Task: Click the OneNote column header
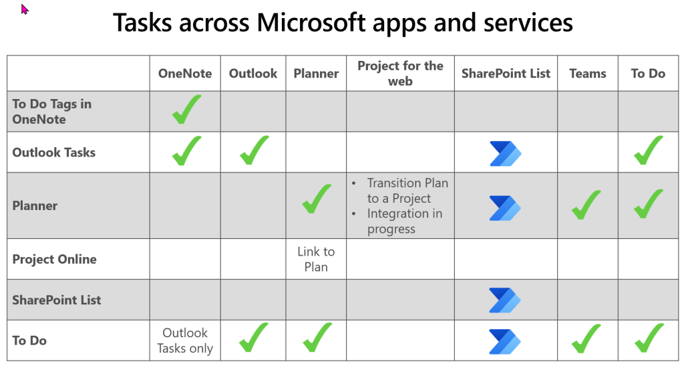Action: (x=185, y=74)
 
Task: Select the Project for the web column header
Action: (x=400, y=74)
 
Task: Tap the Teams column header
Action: (x=588, y=74)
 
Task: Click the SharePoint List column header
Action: (x=506, y=74)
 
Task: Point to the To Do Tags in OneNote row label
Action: (x=52, y=112)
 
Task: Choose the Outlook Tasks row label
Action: (x=54, y=153)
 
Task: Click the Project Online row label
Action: (x=55, y=260)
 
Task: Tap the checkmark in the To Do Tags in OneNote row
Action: (x=186, y=110)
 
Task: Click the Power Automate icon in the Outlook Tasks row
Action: (x=505, y=153)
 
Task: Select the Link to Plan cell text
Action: (x=316, y=260)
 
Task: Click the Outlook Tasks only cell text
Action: (x=185, y=341)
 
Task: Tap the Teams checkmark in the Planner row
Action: (x=587, y=205)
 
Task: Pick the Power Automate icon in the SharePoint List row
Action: (x=505, y=300)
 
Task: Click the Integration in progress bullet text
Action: (x=405, y=221)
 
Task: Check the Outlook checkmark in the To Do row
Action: (x=253, y=339)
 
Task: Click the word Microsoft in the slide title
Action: (x=315, y=23)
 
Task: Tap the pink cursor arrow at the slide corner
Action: (x=25, y=9)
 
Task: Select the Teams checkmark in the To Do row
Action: (x=587, y=339)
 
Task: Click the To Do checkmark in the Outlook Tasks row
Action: (x=648, y=151)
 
